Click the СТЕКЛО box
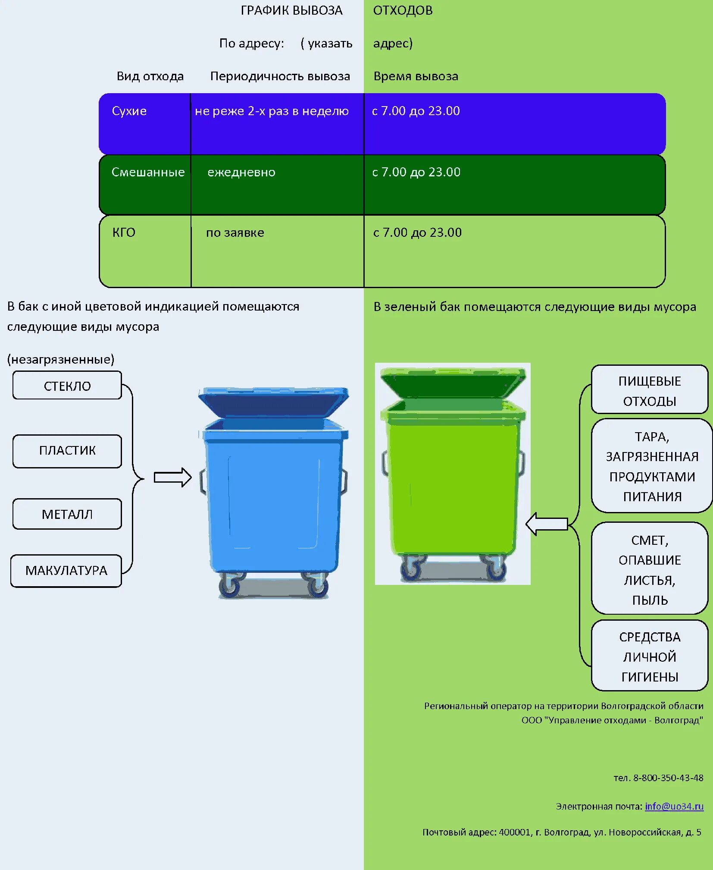click(67, 386)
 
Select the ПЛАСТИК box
click(67, 451)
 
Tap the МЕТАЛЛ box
click(67, 514)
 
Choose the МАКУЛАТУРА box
click(66, 571)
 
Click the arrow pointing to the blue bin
click(172, 477)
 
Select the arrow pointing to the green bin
click(547, 524)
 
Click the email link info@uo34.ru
click(674, 806)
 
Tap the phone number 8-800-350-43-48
click(668, 778)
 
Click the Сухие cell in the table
click(129, 111)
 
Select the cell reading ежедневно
click(241, 173)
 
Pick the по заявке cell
click(235, 233)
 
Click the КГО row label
click(124, 233)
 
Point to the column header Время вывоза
click(416, 76)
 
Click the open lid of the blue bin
click(273, 403)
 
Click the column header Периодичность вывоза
click(280, 76)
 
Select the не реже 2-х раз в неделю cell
click(272, 111)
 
